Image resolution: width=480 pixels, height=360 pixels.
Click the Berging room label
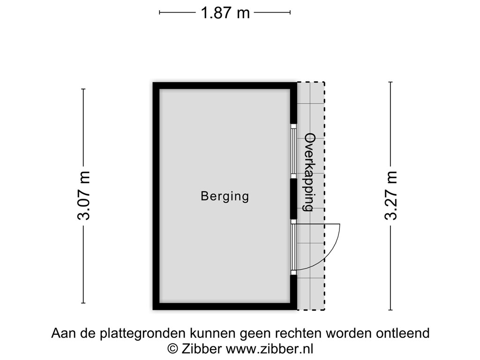tap(225, 196)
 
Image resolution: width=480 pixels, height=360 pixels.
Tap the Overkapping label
tap(309, 172)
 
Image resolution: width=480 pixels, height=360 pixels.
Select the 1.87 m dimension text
tap(225, 13)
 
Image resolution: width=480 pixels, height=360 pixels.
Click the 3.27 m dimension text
tap(390, 195)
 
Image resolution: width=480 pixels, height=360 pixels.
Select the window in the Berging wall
tap(293, 151)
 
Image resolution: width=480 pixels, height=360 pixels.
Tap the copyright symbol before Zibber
tap(172, 348)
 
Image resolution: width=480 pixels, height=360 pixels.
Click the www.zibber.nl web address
tap(270, 348)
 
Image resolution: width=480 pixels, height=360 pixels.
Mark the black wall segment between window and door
tap(293, 199)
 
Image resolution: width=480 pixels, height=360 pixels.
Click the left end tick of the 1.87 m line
tap(160, 13)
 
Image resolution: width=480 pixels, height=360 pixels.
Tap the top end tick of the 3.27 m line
tap(390, 82)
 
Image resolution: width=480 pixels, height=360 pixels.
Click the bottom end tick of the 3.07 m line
tap(83, 302)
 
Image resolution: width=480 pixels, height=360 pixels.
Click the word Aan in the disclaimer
tap(61, 333)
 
